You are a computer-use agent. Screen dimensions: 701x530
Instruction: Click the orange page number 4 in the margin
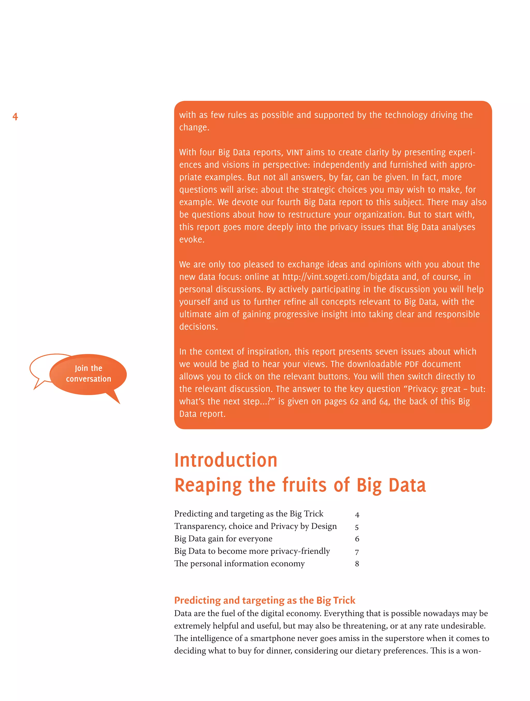(15, 117)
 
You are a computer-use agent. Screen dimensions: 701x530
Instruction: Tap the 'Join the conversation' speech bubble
(88, 374)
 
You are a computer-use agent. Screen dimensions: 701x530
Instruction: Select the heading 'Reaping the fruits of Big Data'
(300, 485)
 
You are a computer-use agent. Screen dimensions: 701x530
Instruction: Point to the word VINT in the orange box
(295, 153)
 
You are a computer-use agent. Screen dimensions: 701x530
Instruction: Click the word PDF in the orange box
(412, 364)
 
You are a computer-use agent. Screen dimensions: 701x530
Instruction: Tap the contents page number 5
(357, 527)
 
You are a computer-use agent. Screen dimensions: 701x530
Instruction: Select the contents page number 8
(357, 564)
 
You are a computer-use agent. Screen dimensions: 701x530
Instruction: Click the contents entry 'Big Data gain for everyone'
(223, 539)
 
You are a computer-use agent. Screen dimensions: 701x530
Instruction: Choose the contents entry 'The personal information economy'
(239, 563)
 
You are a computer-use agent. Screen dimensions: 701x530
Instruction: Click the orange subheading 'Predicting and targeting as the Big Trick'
(264, 600)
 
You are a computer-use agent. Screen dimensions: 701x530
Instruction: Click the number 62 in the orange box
(354, 402)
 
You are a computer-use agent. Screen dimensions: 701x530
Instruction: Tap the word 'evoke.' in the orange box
(192, 240)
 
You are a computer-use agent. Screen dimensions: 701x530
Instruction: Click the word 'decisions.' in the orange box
(198, 327)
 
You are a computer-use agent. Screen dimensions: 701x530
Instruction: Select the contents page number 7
(357, 552)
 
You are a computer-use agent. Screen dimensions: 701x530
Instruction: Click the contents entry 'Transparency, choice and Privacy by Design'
(255, 526)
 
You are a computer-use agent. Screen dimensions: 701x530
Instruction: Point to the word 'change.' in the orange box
(194, 127)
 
